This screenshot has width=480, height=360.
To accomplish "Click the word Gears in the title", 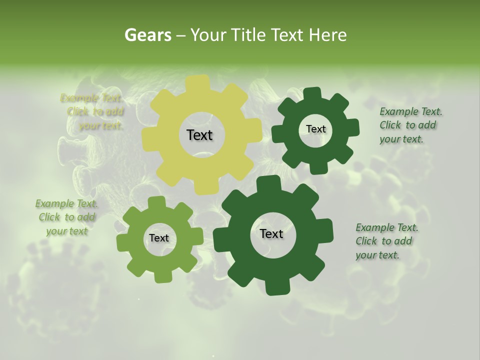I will click(x=148, y=35).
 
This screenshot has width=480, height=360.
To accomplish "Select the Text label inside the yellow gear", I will click(x=199, y=135).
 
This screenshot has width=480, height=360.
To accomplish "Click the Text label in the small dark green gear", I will click(x=315, y=129).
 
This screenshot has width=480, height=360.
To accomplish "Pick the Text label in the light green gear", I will click(x=159, y=238).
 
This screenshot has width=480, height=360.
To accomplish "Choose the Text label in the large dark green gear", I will click(x=271, y=233).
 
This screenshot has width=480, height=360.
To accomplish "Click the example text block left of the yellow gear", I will click(x=94, y=112).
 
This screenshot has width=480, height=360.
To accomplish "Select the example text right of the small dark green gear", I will click(x=410, y=125).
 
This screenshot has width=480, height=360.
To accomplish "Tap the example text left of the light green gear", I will click(x=66, y=217).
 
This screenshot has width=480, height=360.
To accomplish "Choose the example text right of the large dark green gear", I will click(x=386, y=241).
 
